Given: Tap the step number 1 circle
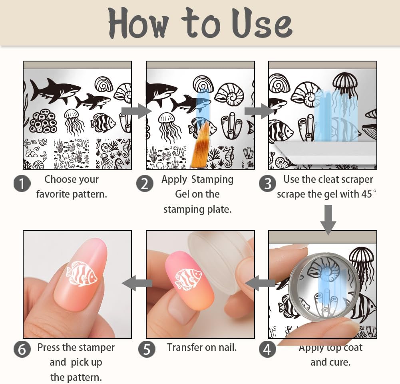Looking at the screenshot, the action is point(22,184).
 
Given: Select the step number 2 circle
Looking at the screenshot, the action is point(145,184).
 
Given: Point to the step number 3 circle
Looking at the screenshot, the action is point(267,183).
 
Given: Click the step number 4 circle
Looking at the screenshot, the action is point(267,349).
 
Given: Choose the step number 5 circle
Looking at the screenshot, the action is point(147,349).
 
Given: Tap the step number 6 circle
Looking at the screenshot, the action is point(22,349).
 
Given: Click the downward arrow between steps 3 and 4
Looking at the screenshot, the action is point(328,220).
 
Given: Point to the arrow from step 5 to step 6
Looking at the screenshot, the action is point(137,283).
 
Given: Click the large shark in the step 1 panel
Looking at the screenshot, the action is point(55,91).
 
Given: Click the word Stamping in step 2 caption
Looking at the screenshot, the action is point(212,179).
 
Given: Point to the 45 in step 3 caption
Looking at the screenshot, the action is point(366,194).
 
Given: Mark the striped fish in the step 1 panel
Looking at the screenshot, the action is point(103,123).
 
